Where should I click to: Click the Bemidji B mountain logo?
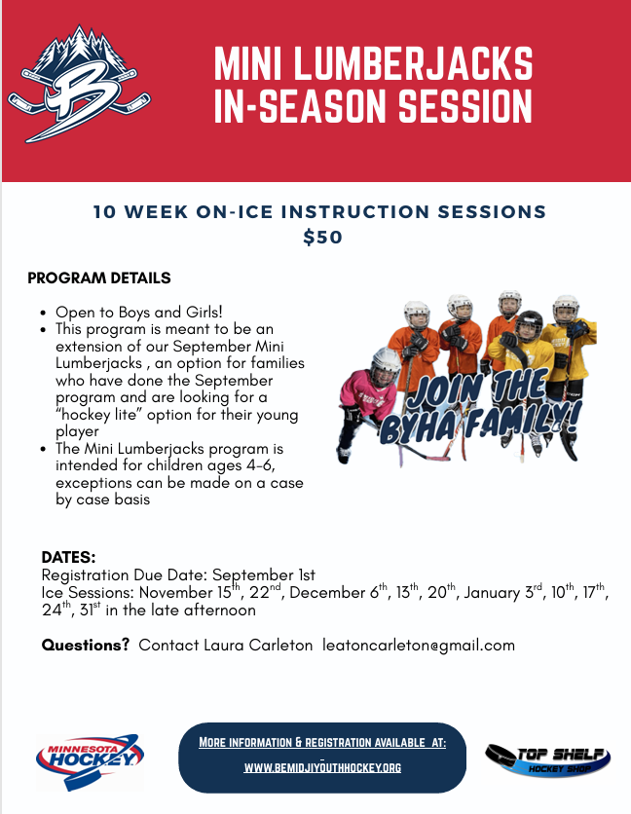click(79, 83)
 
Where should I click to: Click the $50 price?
click(322, 238)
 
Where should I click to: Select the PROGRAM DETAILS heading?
click(99, 277)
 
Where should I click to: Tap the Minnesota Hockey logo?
click(90, 761)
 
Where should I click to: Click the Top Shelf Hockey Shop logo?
click(547, 760)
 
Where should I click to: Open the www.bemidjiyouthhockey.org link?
click(322, 767)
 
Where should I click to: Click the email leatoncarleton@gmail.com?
click(419, 645)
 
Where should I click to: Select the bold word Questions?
click(85, 645)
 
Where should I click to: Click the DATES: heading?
click(68, 558)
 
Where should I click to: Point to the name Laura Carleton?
click(258, 645)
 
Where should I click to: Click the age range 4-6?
click(260, 465)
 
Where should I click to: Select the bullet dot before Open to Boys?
click(43, 313)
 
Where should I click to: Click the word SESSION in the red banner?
click(465, 106)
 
